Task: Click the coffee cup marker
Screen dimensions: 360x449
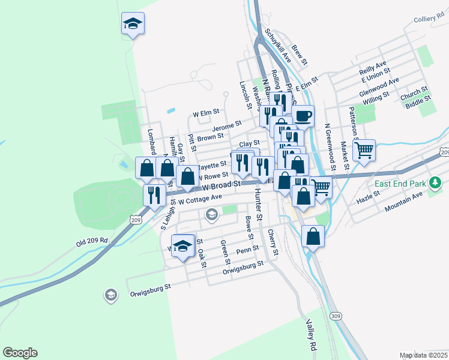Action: (303, 115)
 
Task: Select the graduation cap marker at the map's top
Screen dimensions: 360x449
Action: (133, 23)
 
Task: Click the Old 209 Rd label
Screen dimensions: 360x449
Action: (92, 241)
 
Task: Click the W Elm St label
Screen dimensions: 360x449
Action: (206, 112)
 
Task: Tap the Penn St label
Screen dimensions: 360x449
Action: (247, 249)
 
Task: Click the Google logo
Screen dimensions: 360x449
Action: (20, 353)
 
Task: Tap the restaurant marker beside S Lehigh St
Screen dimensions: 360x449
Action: (154, 194)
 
